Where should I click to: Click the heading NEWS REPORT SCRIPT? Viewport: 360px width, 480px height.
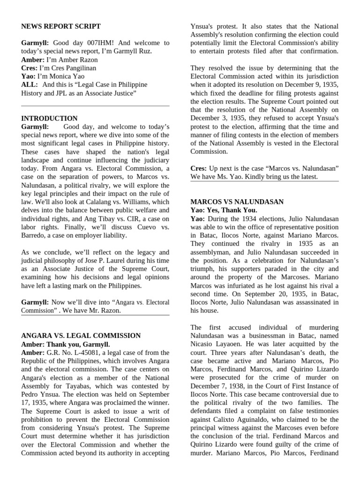coord(61,26)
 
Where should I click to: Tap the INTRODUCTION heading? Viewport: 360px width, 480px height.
coord(49,119)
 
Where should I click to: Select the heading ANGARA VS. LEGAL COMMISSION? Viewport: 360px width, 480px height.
coord(81,336)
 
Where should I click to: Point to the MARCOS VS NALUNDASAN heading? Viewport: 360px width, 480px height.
coord(237,202)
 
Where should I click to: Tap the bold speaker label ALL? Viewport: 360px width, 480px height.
coord(30,84)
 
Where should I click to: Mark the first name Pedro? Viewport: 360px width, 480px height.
coord(31,395)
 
